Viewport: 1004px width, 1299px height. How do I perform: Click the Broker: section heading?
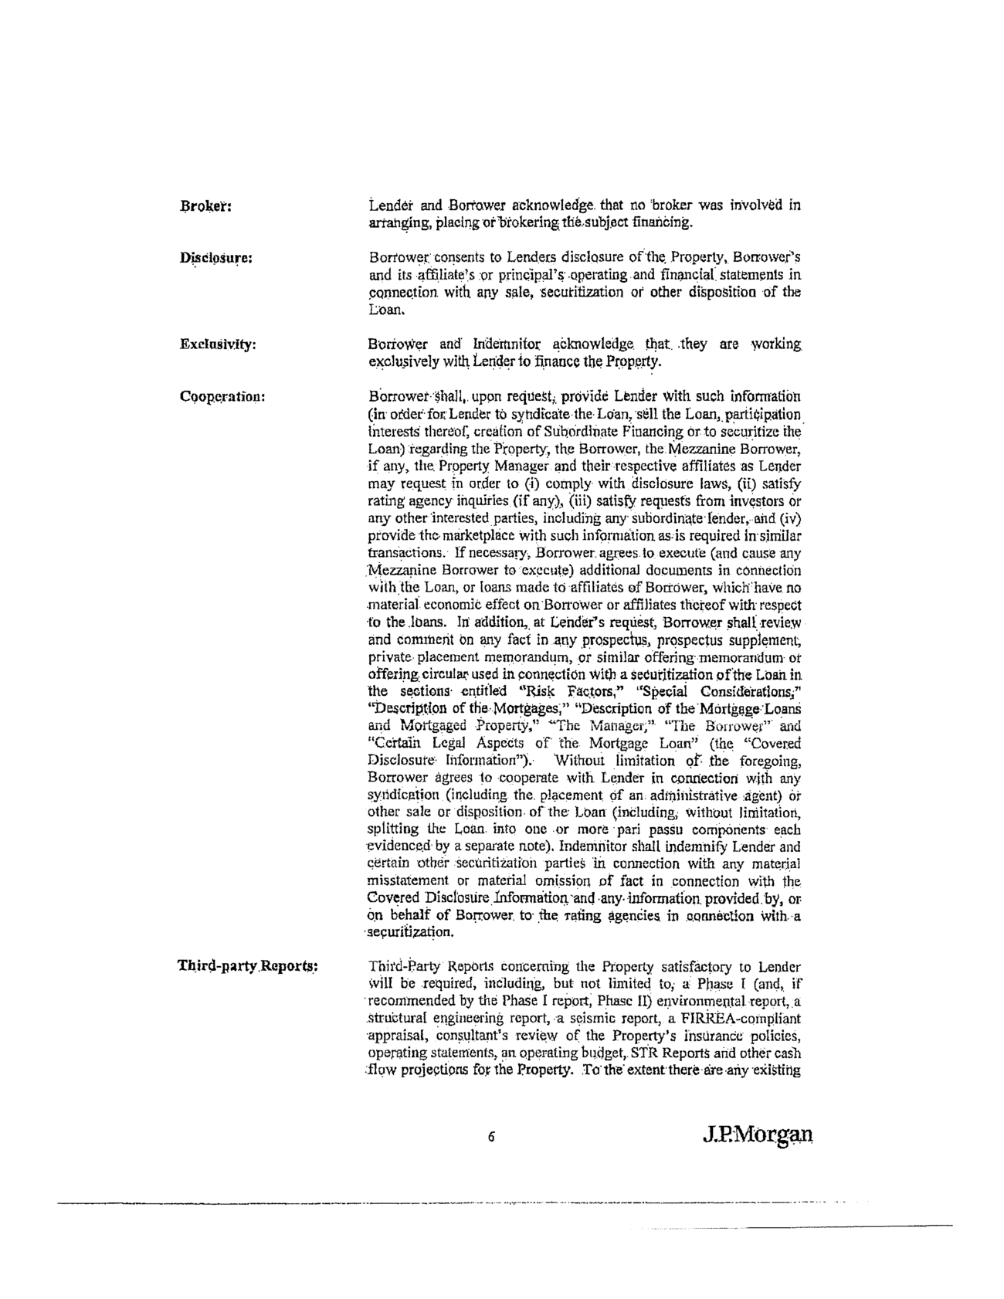tap(206, 207)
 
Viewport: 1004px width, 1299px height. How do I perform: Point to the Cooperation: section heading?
tap(222, 396)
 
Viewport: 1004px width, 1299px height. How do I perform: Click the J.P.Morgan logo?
tap(758, 1135)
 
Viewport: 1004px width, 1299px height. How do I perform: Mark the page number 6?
tap(490, 1137)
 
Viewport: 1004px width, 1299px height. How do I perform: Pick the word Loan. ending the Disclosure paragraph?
tap(385, 310)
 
